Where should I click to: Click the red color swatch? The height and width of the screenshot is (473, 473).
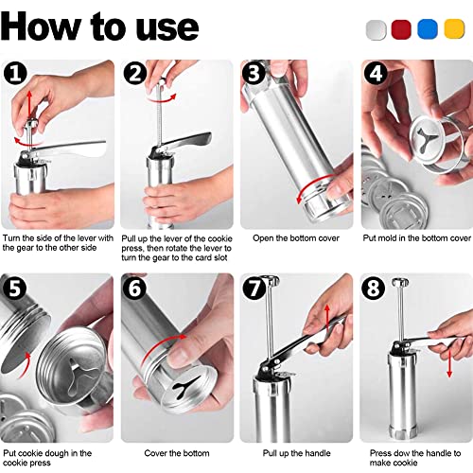coord(401,29)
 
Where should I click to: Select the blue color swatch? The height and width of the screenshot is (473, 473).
coord(428,29)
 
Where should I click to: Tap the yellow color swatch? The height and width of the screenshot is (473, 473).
coord(454,29)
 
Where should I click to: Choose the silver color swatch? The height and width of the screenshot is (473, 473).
coord(377,30)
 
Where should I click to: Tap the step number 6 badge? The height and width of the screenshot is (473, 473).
coord(135,288)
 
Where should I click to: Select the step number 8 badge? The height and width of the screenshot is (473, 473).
coord(374,288)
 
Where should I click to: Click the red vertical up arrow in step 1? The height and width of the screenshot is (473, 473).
coord(29,105)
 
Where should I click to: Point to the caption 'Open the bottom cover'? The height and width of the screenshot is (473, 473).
coord(296,238)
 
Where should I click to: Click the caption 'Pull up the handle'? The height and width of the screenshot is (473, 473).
coord(296,453)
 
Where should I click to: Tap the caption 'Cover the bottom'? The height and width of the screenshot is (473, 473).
coord(177,453)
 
